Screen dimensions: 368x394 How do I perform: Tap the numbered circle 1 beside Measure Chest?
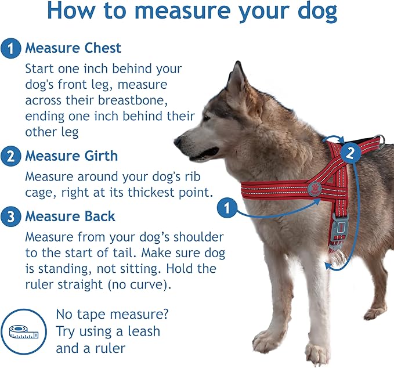tap(10, 49)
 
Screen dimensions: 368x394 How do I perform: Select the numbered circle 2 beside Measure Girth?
tap(10, 156)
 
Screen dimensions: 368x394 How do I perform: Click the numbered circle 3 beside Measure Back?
tap(10, 217)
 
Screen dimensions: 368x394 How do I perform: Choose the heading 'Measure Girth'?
tap(71, 156)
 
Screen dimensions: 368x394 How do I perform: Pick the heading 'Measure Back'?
tap(70, 217)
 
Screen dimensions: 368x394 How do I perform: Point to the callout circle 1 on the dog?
tap(227, 207)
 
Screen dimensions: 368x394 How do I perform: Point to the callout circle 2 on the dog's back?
tap(349, 153)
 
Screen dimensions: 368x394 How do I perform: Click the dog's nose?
tap(178, 142)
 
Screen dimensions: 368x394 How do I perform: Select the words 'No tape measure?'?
tap(112, 315)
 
